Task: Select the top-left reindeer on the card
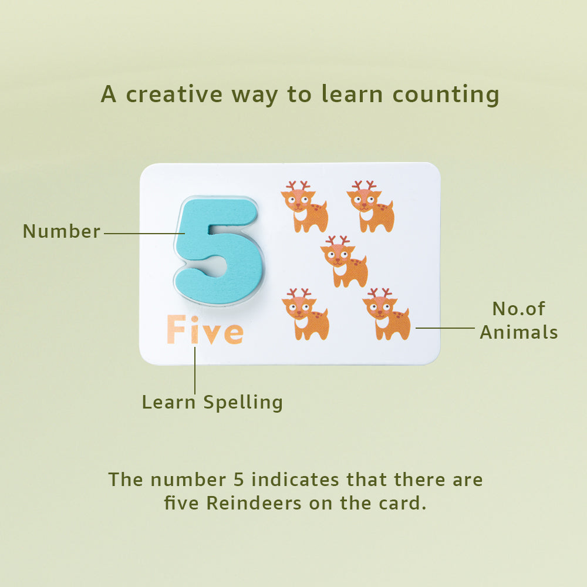pyautogui.click(x=305, y=207)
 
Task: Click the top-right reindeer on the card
pyautogui.click(x=370, y=207)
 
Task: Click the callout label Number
pyautogui.click(x=62, y=231)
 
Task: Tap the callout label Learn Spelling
pyautogui.click(x=212, y=402)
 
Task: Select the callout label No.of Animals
pyautogui.click(x=519, y=321)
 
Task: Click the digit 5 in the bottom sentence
pyautogui.click(x=235, y=480)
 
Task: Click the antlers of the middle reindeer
pyautogui.click(x=338, y=240)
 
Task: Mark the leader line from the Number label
pyautogui.click(x=144, y=234)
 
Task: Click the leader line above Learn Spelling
pyautogui.click(x=195, y=370)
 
